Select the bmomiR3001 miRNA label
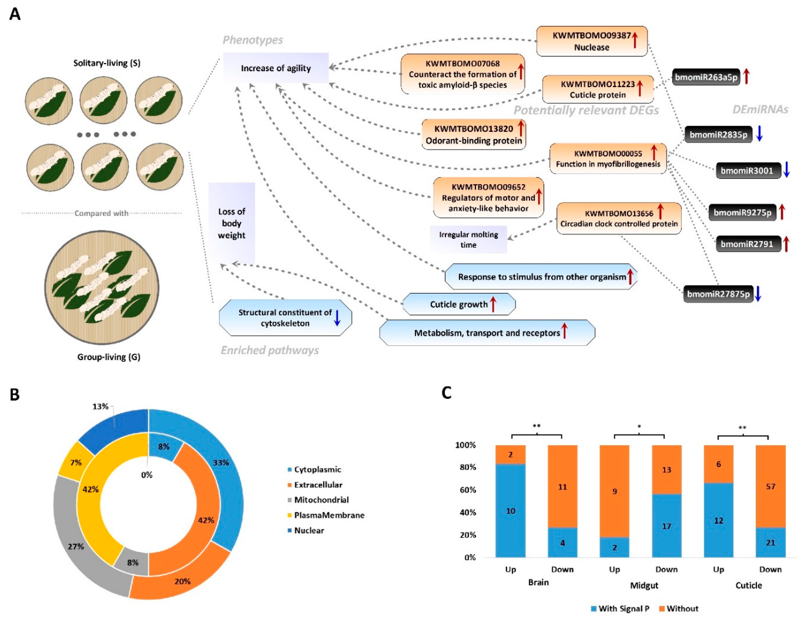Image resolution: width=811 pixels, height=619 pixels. tap(748, 171)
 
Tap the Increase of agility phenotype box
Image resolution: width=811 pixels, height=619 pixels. tap(276, 68)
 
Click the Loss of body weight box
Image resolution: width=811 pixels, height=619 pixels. tap(231, 223)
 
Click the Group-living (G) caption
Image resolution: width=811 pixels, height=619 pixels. tap(109, 357)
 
